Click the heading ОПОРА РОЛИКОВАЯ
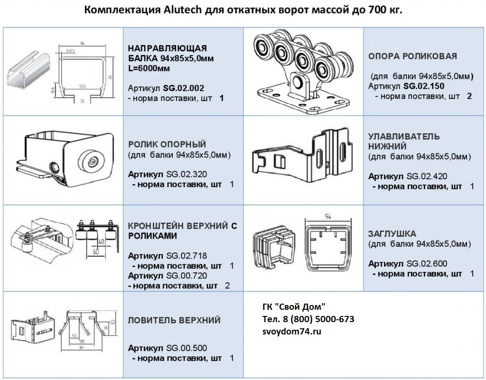[412, 56]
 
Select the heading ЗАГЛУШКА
[392, 234]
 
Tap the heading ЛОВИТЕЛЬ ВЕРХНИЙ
[174, 320]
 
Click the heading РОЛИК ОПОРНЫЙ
[167, 144]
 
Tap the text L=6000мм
[149, 68]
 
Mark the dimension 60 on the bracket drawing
[96, 251]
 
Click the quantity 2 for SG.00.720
[227, 286]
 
